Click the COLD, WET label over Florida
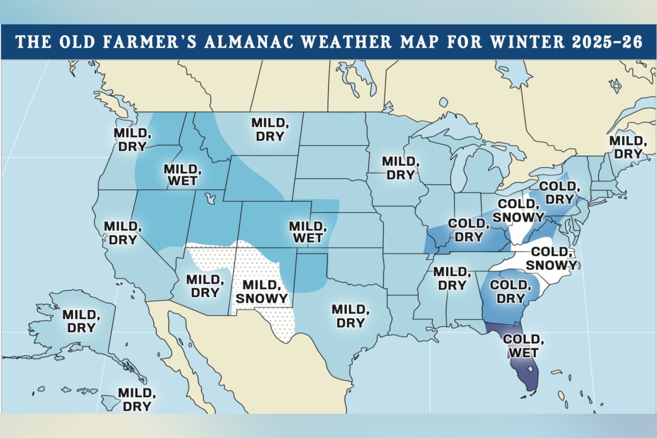coord(523,346)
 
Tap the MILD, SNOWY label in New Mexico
coord(261,292)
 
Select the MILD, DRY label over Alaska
coord(81,321)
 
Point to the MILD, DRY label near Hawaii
coord(136,400)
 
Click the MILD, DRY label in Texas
coord(350,316)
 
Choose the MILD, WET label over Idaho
coord(182,175)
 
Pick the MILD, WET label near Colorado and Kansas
coord(308,232)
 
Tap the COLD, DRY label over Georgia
coord(510,292)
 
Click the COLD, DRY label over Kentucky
coord(468,230)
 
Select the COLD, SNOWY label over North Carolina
coord(551,259)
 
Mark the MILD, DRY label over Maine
coord(627,147)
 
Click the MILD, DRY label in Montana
coord(270,130)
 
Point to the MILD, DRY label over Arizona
coord(205,287)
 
